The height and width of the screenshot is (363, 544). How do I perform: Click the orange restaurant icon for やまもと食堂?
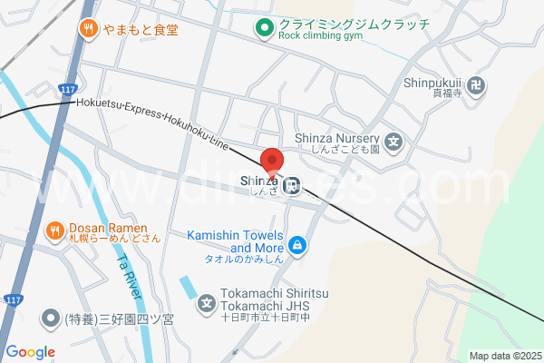click(88, 28)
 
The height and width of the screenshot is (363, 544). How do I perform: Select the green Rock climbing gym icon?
click(264, 28)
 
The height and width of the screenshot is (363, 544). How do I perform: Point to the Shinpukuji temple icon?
click(479, 87)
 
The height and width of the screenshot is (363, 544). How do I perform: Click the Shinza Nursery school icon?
click(393, 142)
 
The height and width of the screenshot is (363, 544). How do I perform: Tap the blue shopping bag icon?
click(296, 244)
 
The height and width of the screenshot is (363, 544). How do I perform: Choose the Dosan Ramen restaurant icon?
click(55, 231)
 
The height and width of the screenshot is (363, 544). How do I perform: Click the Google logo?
click(30, 352)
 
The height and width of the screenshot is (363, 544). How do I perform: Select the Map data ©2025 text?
click(504, 356)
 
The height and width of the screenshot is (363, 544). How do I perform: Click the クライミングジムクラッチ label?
click(354, 24)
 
